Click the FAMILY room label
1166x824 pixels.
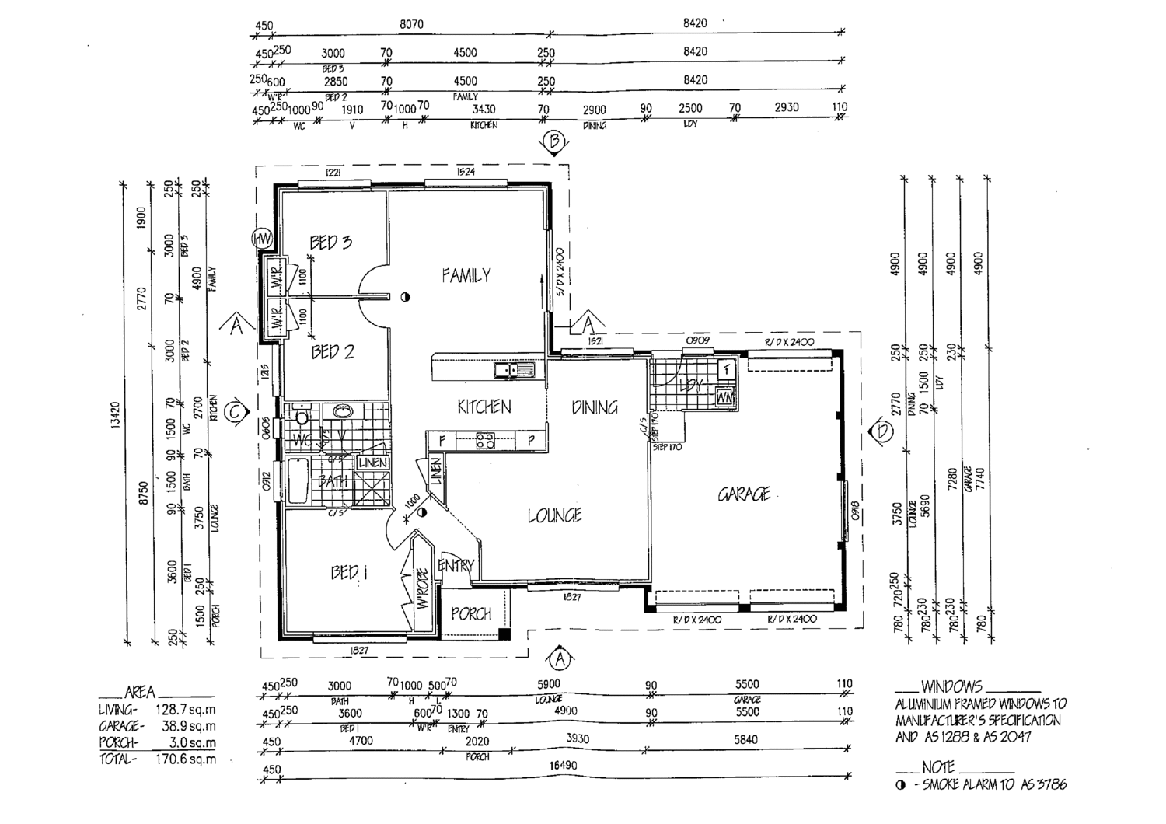click(466, 275)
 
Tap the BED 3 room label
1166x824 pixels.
click(330, 243)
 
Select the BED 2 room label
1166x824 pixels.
click(332, 352)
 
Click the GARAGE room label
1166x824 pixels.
click(744, 494)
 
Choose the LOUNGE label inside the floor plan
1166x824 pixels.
click(554, 515)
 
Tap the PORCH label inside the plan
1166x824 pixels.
click(471, 613)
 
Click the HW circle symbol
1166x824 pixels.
click(261, 239)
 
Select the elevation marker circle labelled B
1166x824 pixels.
click(554, 142)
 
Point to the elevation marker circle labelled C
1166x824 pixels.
click(236, 413)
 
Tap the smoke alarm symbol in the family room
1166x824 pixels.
click(405, 296)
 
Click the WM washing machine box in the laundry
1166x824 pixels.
click(724, 396)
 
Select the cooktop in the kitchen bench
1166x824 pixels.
click(485, 441)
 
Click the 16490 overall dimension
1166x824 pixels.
click(561, 765)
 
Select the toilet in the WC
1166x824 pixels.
click(302, 418)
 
